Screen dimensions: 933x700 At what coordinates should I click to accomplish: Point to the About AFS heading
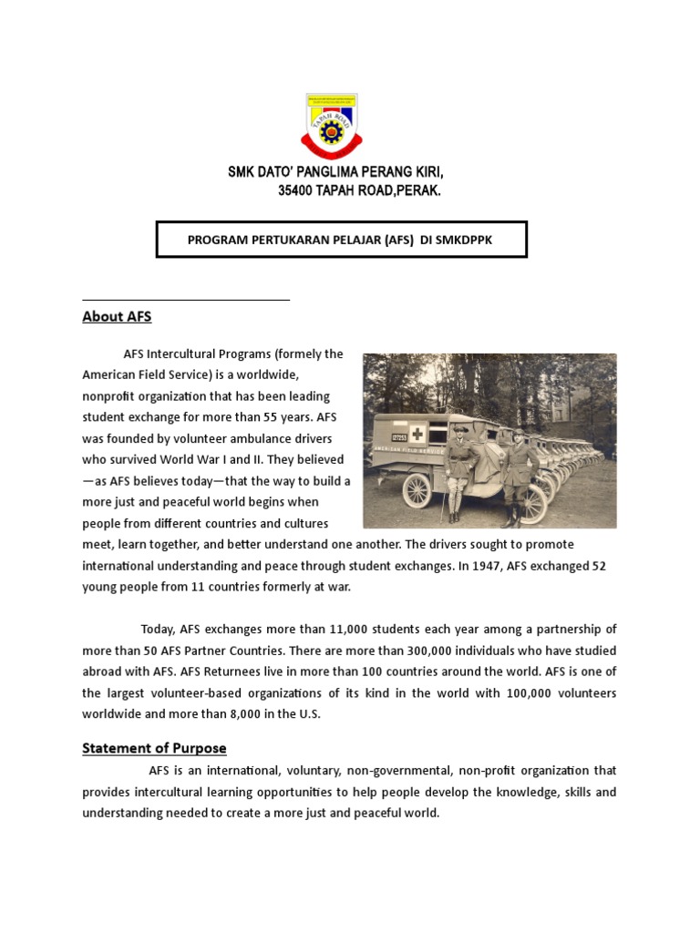(117, 317)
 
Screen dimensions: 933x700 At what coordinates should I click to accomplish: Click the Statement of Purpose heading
(154, 748)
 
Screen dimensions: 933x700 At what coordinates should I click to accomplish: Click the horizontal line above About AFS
(186, 299)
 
